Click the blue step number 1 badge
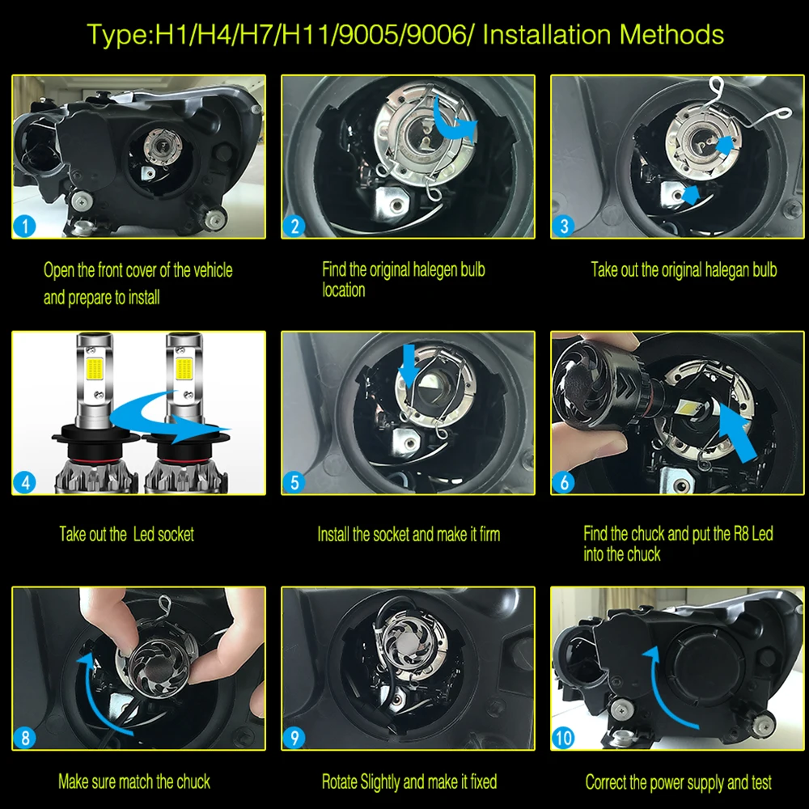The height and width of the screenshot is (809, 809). [x=24, y=226]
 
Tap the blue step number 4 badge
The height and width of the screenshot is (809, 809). [x=24, y=482]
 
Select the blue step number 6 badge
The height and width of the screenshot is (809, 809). [x=563, y=482]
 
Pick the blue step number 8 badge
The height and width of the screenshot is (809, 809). [x=24, y=738]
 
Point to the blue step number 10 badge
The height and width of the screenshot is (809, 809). [x=563, y=738]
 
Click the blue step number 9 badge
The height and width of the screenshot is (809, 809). [x=294, y=738]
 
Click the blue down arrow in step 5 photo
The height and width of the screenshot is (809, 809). [x=409, y=366]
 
